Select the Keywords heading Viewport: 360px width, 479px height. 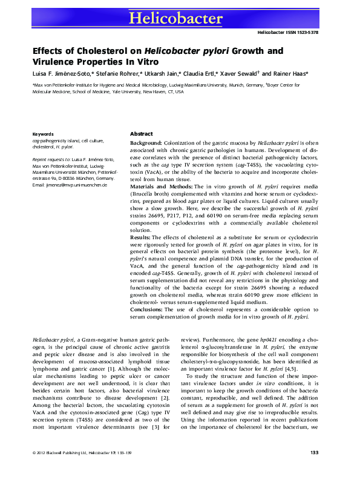point(43,133)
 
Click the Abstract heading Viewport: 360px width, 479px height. point(142,133)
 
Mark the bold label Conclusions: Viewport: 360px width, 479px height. point(150,309)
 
